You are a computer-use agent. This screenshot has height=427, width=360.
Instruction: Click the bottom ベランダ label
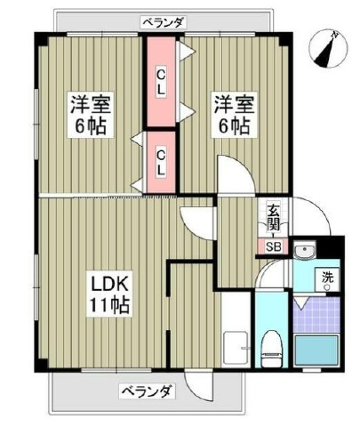[x=146, y=391]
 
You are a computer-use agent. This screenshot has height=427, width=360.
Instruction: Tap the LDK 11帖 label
[x=109, y=295]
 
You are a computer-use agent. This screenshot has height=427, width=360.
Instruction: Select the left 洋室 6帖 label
[x=91, y=115]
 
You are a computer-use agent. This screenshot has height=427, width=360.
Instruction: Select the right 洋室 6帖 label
[x=234, y=115]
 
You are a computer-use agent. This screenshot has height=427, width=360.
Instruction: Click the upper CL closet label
[x=161, y=83]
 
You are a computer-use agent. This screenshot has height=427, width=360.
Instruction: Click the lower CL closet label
[x=161, y=163]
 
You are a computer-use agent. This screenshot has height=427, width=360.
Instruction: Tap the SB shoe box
[x=273, y=246]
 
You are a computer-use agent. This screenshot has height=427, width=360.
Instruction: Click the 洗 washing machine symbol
[x=328, y=280]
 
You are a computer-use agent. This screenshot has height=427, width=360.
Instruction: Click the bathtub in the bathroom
[x=316, y=350]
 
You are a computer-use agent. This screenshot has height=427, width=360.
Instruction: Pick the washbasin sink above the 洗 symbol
[x=305, y=249]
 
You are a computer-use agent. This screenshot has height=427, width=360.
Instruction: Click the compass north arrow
[x=324, y=52]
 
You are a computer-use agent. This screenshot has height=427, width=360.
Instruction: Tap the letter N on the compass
[x=335, y=35]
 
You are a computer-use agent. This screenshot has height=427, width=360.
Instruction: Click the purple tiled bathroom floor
[x=316, y=315]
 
